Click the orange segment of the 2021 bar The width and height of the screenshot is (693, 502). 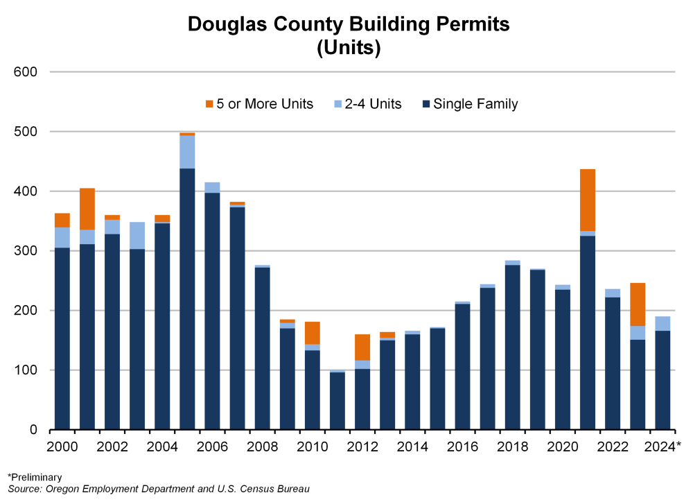(x=588, y=200)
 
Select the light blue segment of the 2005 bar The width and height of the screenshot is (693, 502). (x=187, y=152)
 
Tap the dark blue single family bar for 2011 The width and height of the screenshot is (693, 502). (x=337, y=401)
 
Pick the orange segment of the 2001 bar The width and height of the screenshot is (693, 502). (x=87, y=209)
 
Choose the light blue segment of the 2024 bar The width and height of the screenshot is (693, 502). (x=663, y=323)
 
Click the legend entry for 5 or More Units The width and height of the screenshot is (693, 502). (x=259, y=105)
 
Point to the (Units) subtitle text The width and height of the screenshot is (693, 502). (x=349, y=49)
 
